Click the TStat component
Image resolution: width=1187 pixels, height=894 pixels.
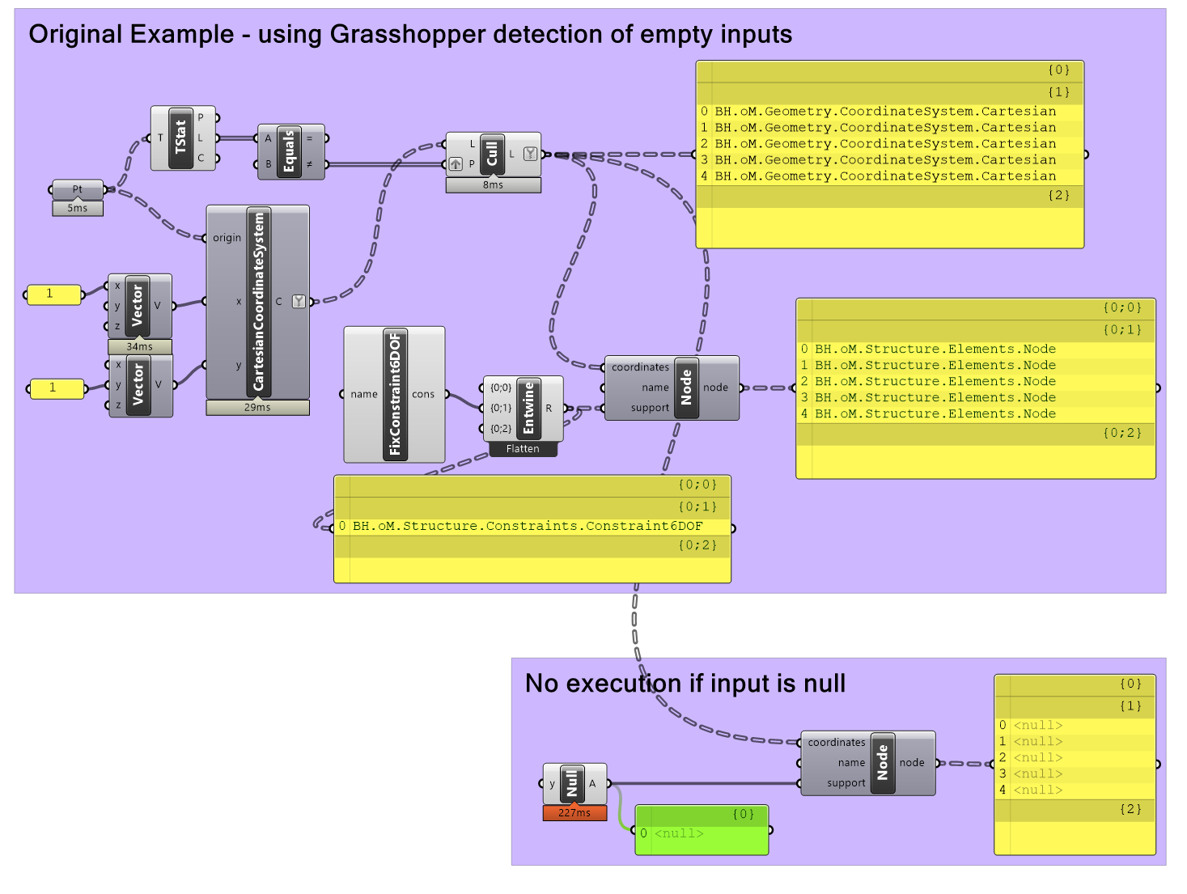pyautogui.click(x=180, y=138)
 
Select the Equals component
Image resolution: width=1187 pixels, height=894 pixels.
pyautogui.click(x=289, y=151)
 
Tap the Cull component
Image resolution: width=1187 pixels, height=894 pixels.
pyautogui.click(x=491, y=154)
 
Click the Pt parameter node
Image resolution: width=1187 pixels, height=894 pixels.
pyautogui.click(x=78, y=189)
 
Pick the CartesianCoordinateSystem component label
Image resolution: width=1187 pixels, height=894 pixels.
pyautogui.click(x=259, y=301)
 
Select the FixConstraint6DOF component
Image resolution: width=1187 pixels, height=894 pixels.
pyautogui.click(x=395, y=394)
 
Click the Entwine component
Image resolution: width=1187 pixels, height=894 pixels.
pyautogui.click(x=528, y=408)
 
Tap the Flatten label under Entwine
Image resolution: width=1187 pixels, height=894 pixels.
pyautogui.click(x=523, y=449)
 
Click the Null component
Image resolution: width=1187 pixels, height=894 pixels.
pyautogui.click(x=572, y=783)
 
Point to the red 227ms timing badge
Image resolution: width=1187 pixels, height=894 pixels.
pyautogui.click(x=574, y=813)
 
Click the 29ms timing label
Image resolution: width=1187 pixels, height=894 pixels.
pyautogui.click(x=257, y=407)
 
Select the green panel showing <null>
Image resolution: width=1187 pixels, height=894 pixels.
pyautogui.click(x=702, y=833)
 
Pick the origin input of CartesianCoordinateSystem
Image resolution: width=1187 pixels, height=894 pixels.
pyautogui.click(x=227, y=238)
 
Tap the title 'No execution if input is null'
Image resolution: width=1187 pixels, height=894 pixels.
pyautogui.click(x=685, y=684)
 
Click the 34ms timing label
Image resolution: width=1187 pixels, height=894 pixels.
pyautogui.click(x=139, y=346)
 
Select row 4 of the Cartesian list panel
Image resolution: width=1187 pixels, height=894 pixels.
pyautogui.click(x=885, y=176)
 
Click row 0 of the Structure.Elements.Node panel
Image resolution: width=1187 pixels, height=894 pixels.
pyautogui.click(x=935, y=350)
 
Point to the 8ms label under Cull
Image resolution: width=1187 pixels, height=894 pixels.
pyautogui.click(x=493, y=185)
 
